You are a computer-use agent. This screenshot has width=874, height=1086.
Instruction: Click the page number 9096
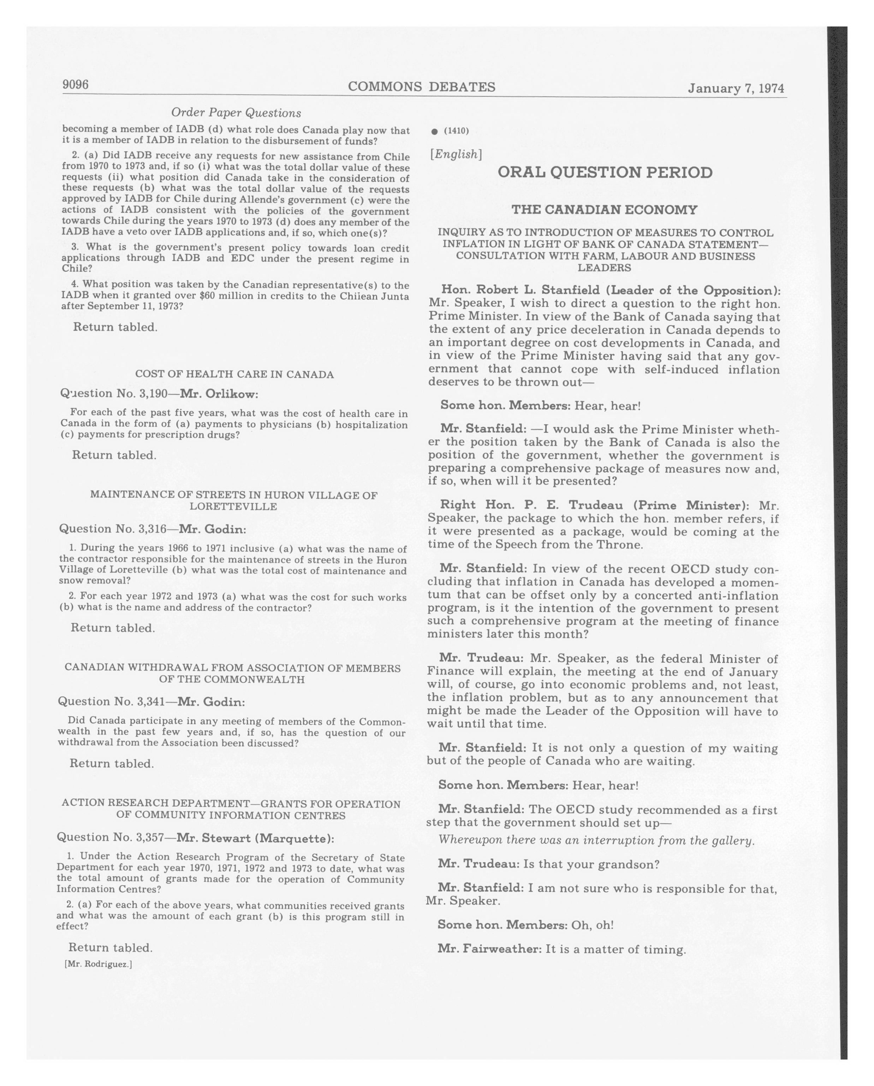(76, 85)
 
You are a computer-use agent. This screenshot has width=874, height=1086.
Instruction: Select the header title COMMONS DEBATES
(421, 87)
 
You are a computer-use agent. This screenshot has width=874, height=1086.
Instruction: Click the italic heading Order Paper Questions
(236, 113)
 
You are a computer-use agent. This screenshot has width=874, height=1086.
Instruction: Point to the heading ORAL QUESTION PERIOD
(605, 173)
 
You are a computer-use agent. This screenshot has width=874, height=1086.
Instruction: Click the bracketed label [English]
(456, 154)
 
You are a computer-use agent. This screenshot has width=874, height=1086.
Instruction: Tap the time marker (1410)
(456, 131)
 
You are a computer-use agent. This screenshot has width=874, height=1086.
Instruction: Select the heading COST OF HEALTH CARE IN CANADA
(234, 374)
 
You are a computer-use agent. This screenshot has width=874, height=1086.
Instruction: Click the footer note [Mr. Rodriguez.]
(98, 964)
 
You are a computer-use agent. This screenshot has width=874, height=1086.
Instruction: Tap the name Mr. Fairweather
(489, 949)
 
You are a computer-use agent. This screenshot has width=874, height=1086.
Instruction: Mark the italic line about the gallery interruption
(596, 840)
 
